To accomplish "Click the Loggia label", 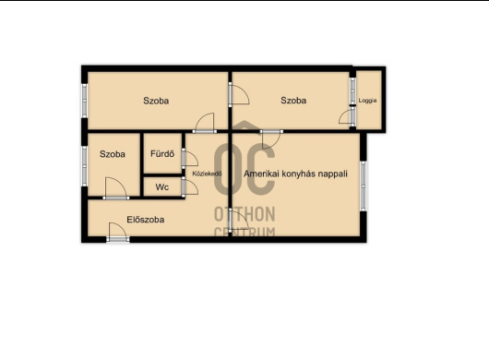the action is (x=367, y=101).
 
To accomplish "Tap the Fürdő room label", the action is (x=162, y=154).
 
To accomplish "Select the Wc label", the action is (x=162, y=187).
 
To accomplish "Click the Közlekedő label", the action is (x=207, y=174).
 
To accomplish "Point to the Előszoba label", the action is (x=146, y=220).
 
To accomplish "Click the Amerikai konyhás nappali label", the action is (x=295, y=174).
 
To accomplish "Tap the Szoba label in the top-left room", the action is (x=156, y=101).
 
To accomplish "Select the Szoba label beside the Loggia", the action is (x=293, y=100).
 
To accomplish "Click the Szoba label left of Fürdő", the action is (x=113, y=154).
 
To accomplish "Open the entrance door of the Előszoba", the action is (x=117, y=232).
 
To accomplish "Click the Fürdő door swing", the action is (x=190, y=159).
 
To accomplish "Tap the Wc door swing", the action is (x=190, y=186).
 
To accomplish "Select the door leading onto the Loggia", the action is (x=347, y=118).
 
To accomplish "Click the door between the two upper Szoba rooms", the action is (x=239, y=93).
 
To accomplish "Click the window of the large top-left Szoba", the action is (x=84, y=101).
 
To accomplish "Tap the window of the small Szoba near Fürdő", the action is (x=84, y=166).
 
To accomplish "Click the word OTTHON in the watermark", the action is (x=244, y=215).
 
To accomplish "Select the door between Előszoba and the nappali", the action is (x=238, y=221).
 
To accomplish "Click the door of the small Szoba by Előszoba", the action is (x=115, y=188).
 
